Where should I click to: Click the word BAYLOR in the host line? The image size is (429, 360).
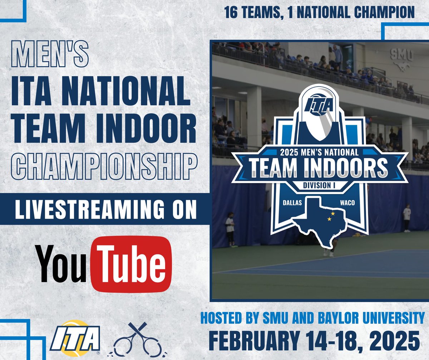[334, 317]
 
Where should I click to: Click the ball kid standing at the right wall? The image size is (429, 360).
[406, 217]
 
